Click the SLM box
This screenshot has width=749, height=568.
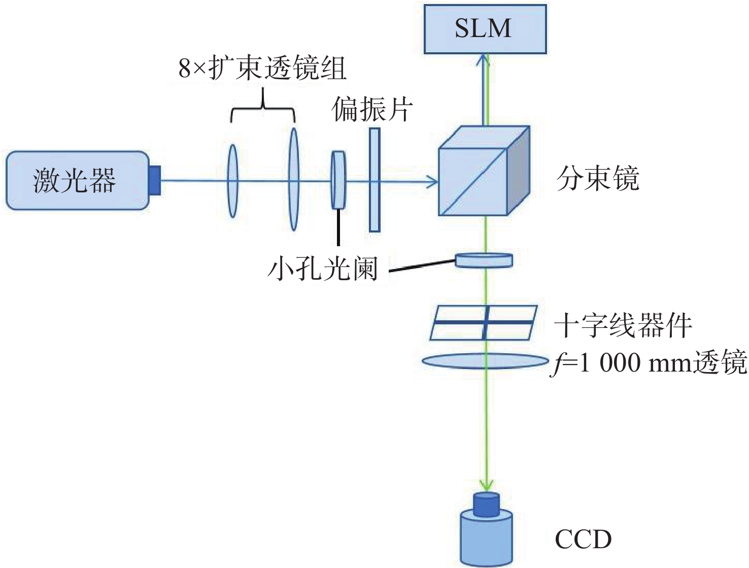[485, 28]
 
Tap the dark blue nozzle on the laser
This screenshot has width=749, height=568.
[155, 180]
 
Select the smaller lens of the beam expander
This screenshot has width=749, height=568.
[232, 181]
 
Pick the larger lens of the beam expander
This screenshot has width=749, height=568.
[293, 179]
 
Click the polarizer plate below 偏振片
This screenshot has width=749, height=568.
[374, 180]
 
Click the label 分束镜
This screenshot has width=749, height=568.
[598, 179]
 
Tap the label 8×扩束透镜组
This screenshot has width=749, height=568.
[262, 69]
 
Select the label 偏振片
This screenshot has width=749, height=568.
[372, 109]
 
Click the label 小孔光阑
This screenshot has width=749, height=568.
[323, 268]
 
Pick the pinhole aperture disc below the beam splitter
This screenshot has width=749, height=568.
[484, 260]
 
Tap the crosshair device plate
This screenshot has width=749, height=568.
[484, 322]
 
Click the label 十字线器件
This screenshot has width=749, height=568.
[623, 325]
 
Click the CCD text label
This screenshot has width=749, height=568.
[583, 540]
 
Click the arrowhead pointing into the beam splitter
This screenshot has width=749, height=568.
[433, 181]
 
